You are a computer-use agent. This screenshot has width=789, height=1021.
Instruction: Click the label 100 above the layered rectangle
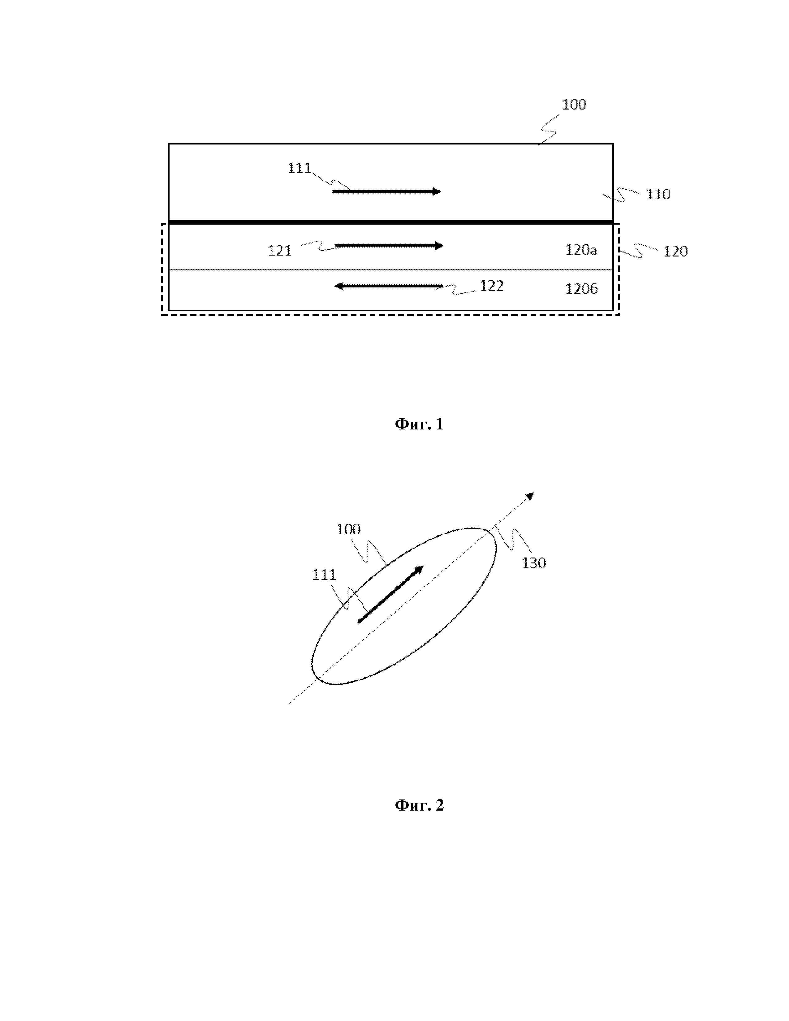(x=574, y=104)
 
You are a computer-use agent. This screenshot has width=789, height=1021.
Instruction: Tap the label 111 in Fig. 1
(x=299, y=168)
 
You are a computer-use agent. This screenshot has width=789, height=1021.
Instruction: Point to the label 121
(x=279, y=251)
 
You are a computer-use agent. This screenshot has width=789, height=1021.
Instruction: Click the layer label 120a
(x=581, y=250)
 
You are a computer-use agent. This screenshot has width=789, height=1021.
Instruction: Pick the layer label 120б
(x=581, y=289)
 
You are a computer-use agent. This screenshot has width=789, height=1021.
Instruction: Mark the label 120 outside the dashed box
(x=675, y=252)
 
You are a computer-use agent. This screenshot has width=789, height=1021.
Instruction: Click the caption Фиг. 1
(x=419, y=424)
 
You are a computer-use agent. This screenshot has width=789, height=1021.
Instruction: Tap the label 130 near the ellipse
(x=533, y=563)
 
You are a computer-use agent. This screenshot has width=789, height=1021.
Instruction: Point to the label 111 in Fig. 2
(x=324, y=575)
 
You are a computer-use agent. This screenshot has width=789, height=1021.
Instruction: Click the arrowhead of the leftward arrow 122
(x=338, y=286)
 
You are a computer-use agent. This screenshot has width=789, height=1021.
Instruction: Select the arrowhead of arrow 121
(x=439, y=245)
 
